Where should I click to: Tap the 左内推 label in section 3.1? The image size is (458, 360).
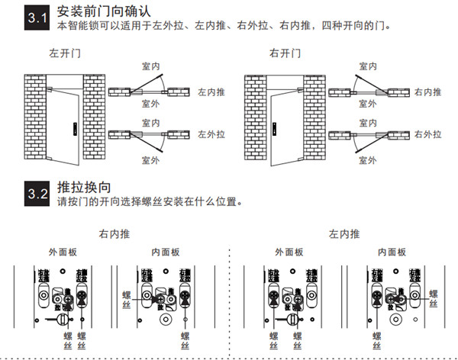click(211, 92)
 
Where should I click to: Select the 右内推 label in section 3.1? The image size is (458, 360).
click(427, 92)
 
